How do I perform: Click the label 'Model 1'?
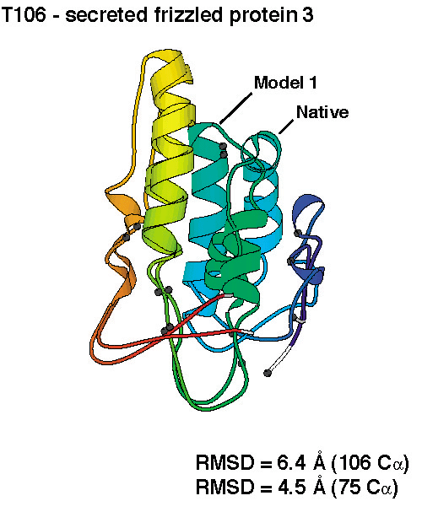click(285, 83)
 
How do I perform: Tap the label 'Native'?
click(322, 112)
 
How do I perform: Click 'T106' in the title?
click(24, 14)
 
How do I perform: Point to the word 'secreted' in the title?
click(106, 14)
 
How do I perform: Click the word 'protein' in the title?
click(260, 15)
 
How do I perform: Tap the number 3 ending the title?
click(308, 14)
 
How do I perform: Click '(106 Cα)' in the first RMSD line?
click(370, 463)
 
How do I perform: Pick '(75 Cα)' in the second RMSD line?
click(365, 488)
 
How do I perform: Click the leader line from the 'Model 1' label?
click(236, 108)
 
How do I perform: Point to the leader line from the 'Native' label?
click(286, 127)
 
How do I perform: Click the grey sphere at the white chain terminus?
click(268, 373)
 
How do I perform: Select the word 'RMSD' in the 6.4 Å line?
click(225, 462)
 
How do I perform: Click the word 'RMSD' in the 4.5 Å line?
click(225, 487)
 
